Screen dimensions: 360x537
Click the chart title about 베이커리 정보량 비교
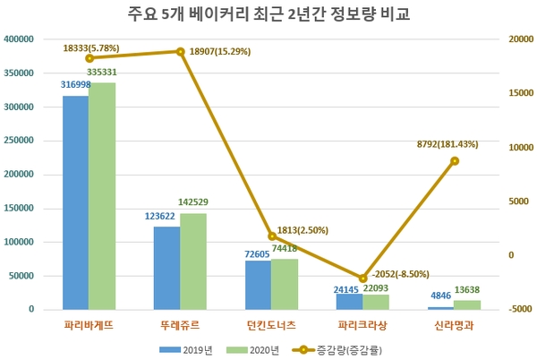(268, 15)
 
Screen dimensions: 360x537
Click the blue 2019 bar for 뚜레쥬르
(166, 268)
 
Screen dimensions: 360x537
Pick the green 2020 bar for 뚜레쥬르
(193, 261)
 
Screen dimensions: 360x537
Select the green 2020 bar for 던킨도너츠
(285, 284)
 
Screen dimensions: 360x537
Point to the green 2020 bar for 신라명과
(467, 304)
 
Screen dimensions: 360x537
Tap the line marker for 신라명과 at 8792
(455, 161)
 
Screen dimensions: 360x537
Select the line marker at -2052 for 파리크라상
(362, 279)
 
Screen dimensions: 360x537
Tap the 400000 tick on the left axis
(19, 39)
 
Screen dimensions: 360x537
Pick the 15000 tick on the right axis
(519, 93)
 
